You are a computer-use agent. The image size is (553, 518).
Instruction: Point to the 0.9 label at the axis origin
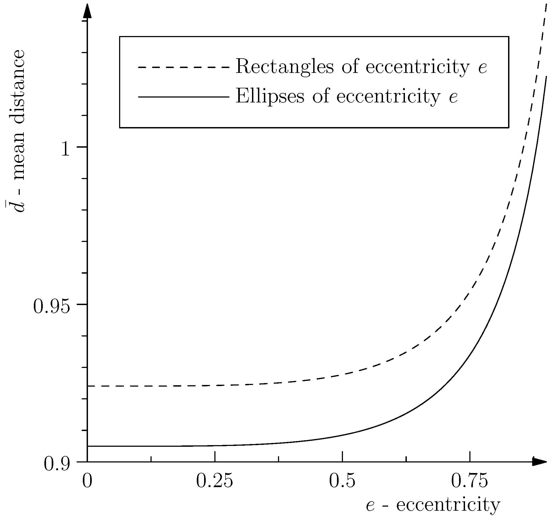coord(57,465)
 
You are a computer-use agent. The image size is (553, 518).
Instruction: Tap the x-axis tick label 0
coord(87,481)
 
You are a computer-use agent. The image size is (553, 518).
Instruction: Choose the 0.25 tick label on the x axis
coord(214,481)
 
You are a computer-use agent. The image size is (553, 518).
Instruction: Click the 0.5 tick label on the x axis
coord(342,481)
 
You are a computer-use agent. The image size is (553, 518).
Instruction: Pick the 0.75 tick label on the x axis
coord(469,481)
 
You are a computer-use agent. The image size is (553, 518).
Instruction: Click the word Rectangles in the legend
coord(284,67)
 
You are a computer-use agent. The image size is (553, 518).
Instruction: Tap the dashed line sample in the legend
coord(184,67)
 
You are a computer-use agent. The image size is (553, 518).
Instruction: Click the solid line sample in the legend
coord(184,97)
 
